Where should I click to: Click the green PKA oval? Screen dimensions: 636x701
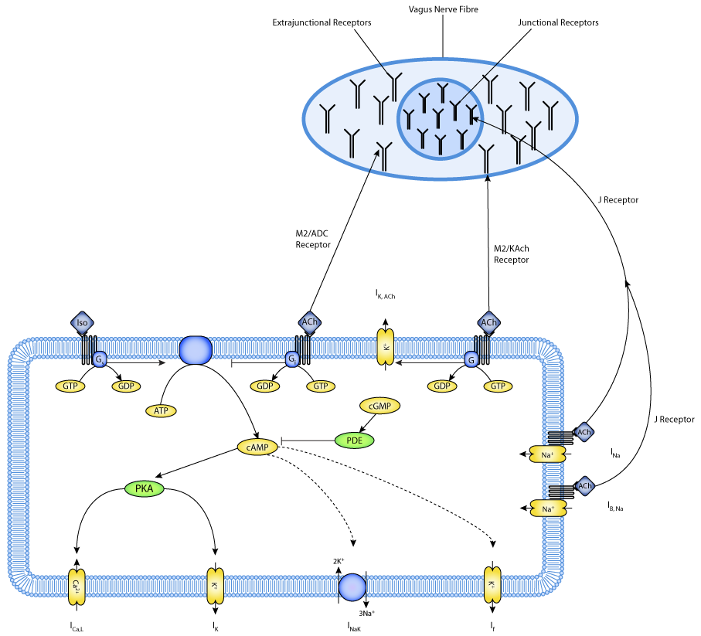(x=145, y=488)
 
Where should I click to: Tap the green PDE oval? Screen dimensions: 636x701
(x=355, y=440)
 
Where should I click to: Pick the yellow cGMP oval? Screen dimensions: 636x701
(x=379, y=404)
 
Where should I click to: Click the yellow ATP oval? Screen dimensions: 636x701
(x=161, y=410)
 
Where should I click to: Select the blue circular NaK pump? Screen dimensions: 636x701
(x=352, y=585)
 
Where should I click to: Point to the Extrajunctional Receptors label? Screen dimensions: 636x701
(x=322, y=23)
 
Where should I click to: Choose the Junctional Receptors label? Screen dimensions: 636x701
(x=558, y=23)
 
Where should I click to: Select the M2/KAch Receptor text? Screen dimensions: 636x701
(x=512, y=254)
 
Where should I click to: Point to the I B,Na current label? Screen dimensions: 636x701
(x=615, y=507)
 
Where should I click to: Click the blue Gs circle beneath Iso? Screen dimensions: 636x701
(x=99, y=359)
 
